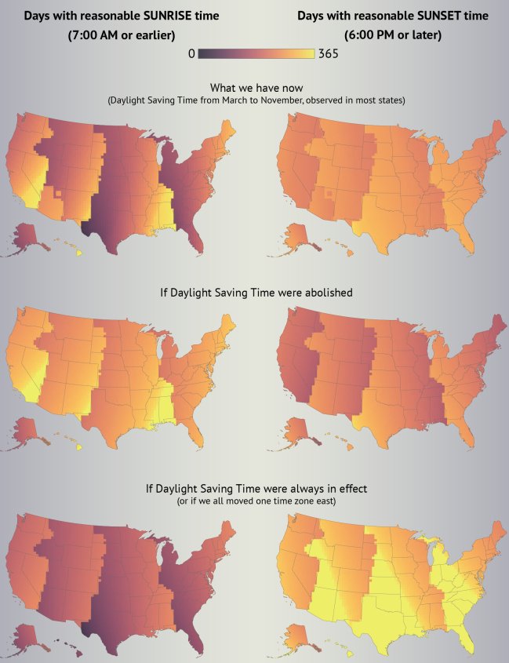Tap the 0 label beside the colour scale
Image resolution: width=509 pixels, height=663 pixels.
click(x=191, y=54)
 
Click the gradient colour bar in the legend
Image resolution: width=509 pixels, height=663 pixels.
click(x=256, y=54)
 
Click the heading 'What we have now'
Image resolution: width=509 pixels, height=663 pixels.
click(x=256, y=89)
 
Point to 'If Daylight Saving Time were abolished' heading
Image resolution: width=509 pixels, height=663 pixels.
click(x=255, y=292)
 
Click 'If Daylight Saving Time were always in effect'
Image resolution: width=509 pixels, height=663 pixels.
click(x=255, y=488)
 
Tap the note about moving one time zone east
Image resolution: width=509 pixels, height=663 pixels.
click(x=255, y=501)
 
